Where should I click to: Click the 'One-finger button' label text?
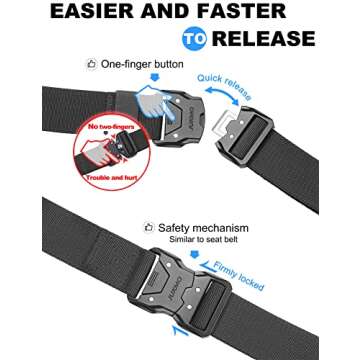click(149, 65)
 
